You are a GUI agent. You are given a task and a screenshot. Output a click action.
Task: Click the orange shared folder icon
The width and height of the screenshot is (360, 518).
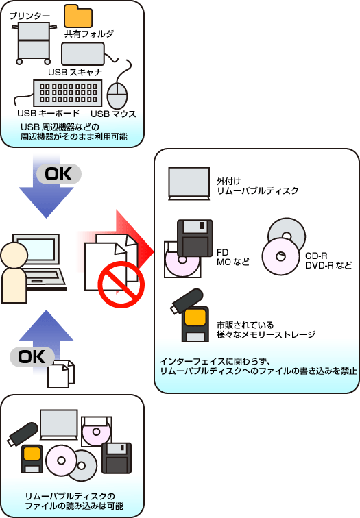(x=78, y=16)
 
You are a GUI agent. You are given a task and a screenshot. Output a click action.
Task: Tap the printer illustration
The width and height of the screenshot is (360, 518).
(x=32, y=43)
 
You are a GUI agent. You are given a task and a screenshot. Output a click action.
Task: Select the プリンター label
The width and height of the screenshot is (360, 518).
(x=29, y=16)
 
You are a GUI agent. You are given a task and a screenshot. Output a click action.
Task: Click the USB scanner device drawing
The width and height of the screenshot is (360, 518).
(x=83, y=54)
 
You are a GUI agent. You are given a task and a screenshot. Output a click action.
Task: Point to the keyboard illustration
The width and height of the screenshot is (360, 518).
(x=68, y=92)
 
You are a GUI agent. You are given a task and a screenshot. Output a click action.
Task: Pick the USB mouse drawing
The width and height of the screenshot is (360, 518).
(x=117, y=95)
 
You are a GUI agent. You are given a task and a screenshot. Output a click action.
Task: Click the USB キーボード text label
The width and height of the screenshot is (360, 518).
(x=48, y=113)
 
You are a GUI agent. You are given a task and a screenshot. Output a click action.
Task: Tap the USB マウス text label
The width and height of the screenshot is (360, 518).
(x=113, y=114)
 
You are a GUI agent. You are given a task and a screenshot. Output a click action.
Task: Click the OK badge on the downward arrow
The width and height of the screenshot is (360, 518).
(x=59, y=174)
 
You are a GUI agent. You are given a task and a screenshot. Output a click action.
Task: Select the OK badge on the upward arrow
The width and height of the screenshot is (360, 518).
(x=32, y=357)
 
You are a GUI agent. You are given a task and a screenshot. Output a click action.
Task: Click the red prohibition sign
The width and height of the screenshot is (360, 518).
(x=121, y=284)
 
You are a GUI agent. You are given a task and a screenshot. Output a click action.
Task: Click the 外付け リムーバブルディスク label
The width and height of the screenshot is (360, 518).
(x=258, y=186)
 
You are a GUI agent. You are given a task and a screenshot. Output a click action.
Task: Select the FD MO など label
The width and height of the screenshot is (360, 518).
(x=232, y=258)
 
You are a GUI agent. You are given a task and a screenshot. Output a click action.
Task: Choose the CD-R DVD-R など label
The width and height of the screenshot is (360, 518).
(x=328, y=260)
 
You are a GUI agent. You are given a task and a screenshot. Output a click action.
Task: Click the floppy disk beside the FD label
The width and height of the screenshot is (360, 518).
(x=195, y=238)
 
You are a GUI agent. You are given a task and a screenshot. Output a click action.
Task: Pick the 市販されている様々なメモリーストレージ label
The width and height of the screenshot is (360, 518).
(x=266, y=330)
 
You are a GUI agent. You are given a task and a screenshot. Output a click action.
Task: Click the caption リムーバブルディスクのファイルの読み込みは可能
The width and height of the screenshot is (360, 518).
(x=74, y=501)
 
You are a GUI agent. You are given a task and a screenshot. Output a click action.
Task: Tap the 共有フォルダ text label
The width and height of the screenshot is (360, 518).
(x=89, y=34)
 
